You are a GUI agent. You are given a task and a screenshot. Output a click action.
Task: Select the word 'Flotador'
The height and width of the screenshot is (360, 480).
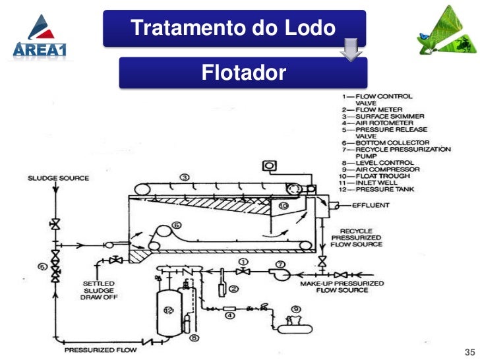(244, 72)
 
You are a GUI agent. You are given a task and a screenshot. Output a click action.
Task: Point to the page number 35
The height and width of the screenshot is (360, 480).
(470, 350)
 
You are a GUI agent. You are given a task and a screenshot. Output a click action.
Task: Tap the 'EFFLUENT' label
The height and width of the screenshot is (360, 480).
(371, 205)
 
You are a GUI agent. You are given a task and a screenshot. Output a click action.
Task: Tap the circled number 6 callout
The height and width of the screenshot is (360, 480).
(176, 225)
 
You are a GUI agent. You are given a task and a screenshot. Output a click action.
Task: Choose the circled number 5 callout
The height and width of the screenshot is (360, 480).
(42, 267)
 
